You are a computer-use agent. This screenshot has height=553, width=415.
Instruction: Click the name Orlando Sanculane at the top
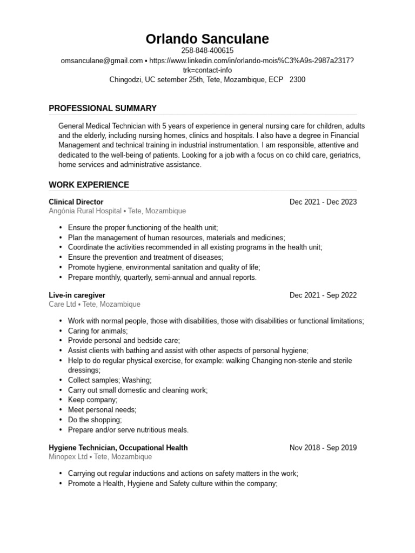click(x=207, y=39)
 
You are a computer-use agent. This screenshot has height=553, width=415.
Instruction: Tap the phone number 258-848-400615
click(x=207, y=51)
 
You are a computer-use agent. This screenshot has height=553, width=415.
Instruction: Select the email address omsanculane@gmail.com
click(x=102, y=60)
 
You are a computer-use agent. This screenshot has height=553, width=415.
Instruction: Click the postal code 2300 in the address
click(x=297, y=79)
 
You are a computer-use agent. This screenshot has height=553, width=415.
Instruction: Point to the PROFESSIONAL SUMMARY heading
click(x=103, y=108)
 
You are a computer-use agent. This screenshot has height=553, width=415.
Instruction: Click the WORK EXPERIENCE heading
click(x=89, y=185)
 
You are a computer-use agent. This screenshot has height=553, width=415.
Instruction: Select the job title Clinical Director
click(x=76, y=202)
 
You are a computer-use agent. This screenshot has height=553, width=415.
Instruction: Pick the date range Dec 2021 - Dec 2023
click(x=323, y=202)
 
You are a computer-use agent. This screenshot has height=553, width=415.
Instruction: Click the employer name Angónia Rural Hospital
click(x=85, y=211)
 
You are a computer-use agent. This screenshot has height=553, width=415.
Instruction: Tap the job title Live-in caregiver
click(x=77, y=295)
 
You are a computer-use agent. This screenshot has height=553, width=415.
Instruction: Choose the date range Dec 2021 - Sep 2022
click(x=323, y=295)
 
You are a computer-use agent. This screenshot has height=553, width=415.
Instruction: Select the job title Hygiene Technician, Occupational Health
click(x=118, y=448)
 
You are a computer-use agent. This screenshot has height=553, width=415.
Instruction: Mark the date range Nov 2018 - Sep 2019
click(x=323, y=448)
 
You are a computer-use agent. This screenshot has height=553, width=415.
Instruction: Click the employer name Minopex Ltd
click(x=68, y=457)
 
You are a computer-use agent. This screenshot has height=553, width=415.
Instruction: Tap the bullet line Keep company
click(x=92, y=400)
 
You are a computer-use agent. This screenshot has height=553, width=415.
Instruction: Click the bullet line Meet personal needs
click(x=102, y=410)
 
